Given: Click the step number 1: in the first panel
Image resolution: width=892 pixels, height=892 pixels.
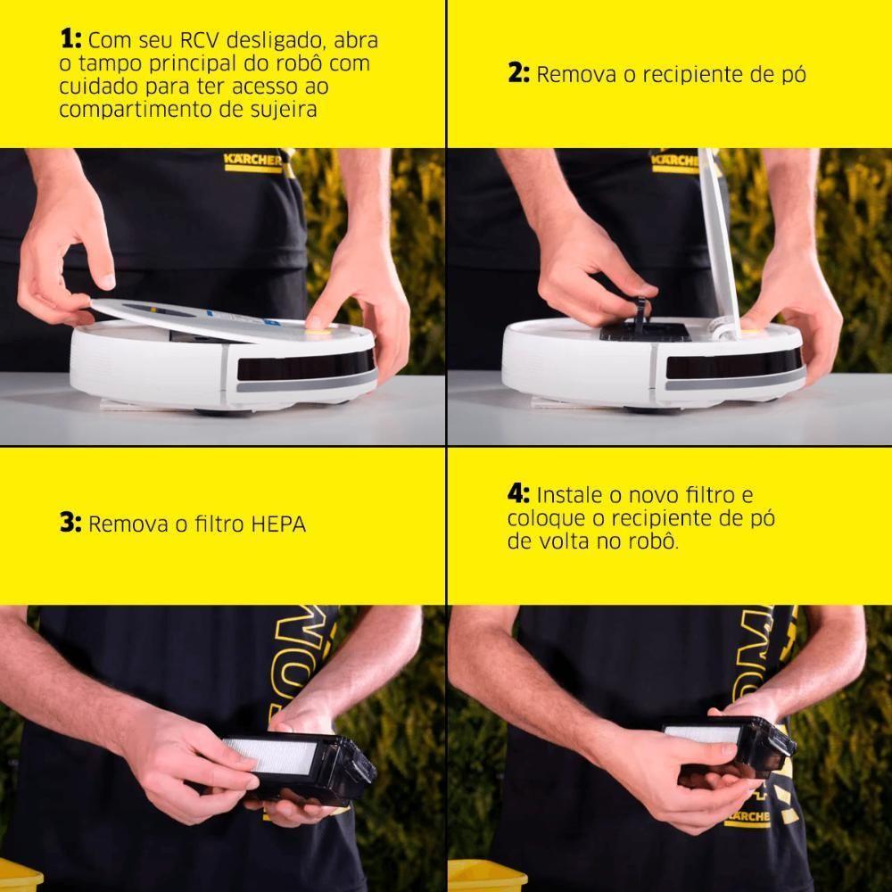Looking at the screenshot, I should [x=71, y=41].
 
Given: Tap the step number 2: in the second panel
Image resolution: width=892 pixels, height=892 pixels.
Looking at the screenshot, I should [x=519, y=74].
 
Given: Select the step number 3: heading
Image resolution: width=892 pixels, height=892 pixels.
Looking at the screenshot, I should [x=71, y=523].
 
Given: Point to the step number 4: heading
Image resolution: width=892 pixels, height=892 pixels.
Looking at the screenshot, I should [x=519, y=494].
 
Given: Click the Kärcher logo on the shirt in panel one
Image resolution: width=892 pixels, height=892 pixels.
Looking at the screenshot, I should [x=252, y=161].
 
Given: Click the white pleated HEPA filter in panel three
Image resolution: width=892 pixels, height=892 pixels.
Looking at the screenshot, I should [x=284, y=757].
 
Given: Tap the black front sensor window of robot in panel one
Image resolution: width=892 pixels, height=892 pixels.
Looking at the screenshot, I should [x=303, y=364].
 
